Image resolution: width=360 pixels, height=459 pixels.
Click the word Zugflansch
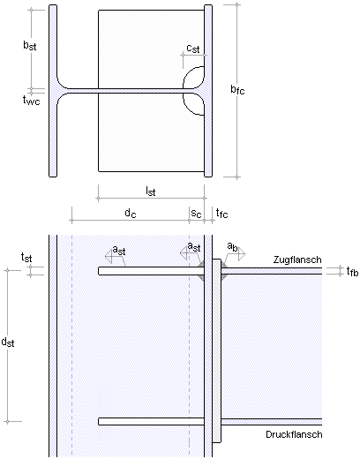click(297, 260)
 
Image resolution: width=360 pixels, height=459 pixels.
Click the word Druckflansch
click(294, 434)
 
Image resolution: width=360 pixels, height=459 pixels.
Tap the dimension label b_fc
click(237, 89)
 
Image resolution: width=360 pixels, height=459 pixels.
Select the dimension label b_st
click(30, 45)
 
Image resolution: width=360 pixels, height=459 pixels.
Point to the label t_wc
click(31, 101)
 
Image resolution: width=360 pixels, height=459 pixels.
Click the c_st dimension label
click(193, 49)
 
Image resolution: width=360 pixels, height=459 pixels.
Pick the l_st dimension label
click(151, 192)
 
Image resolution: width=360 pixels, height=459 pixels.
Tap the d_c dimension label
click(131, 213)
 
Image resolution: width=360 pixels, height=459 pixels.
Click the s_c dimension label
click(196, 214)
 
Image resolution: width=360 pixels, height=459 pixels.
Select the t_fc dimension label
click(221, 213)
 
